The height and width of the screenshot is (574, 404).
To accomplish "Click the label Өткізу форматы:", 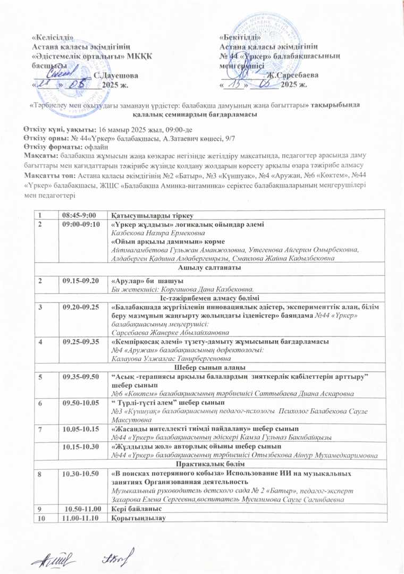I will pos(51,146).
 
